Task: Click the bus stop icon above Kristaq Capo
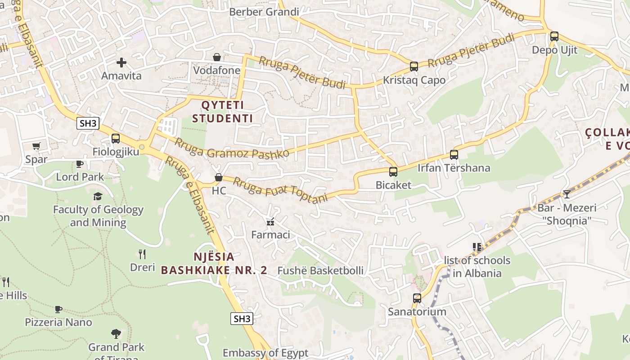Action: point(414,67)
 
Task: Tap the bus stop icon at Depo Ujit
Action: point(554,36)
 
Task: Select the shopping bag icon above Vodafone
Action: point(217,57)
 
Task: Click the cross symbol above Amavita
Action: point(121,63)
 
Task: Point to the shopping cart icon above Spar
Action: point(36,146)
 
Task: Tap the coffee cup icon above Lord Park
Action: point(80,164)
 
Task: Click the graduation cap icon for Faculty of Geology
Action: point(98,196)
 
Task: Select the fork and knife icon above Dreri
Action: point(142,254)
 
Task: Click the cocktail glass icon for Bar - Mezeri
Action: point(567,194)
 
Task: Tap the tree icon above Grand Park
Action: point(116,334)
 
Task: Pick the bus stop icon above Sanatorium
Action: point(417,298)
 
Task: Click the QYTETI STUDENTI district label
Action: point(222,112)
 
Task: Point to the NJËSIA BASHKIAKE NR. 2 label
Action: point(214,264)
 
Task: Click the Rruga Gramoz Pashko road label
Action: point(231,148)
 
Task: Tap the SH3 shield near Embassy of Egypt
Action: point(242,319)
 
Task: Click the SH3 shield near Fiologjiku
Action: point(88,123)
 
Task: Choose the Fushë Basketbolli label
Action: point(320,270)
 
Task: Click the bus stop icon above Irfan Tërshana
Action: point(454,155)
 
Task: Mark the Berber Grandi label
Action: point(264,12)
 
